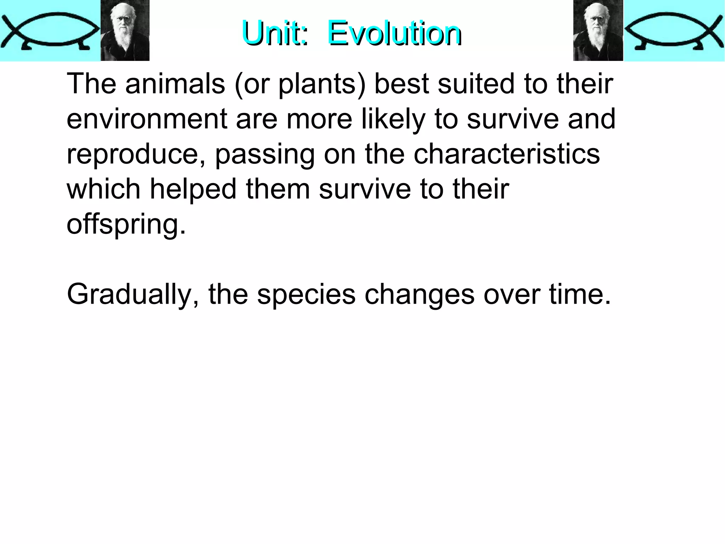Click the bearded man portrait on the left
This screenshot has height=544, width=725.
[125, 30]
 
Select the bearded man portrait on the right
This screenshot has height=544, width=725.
[598, 30]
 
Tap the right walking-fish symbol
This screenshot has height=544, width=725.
[674, 30]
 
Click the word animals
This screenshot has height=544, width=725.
[175, 84]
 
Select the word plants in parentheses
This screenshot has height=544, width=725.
[317, 84]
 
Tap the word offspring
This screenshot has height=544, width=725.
[126, 224]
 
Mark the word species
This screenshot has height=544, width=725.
[306, 295]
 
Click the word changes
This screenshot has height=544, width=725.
[419, 295]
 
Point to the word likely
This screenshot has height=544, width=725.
[393, 119]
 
